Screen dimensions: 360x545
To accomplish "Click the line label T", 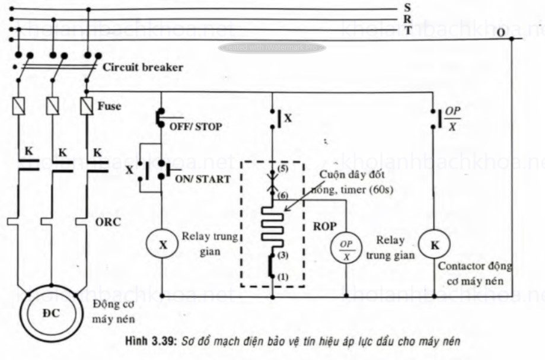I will point(407,30).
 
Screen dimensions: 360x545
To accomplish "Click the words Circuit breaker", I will point(142,67).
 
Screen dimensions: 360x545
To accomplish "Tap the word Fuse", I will point(110,107).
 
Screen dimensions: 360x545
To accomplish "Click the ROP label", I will point(324,225).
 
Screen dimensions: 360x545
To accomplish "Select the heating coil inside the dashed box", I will point(272,224).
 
